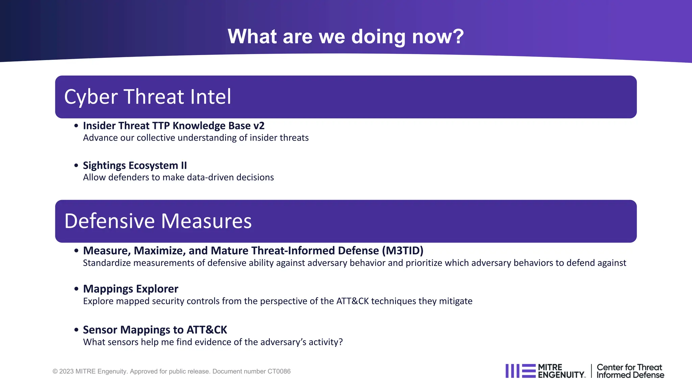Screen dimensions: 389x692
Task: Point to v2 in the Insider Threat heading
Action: [259, 126]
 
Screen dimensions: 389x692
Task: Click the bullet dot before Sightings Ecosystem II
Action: [76, 165]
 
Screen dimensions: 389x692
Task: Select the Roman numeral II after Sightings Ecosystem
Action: [183, 165]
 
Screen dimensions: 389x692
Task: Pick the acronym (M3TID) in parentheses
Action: [403, 251]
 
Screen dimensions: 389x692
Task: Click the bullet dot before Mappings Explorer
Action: [76, 289]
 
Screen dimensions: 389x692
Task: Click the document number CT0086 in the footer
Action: [279, 371]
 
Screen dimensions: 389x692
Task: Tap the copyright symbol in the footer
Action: [55, 371]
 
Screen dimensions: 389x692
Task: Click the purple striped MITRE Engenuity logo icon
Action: [520, 371]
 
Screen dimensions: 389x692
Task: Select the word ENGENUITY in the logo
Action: [561, 375]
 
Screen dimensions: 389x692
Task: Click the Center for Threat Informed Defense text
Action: [630, 371]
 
